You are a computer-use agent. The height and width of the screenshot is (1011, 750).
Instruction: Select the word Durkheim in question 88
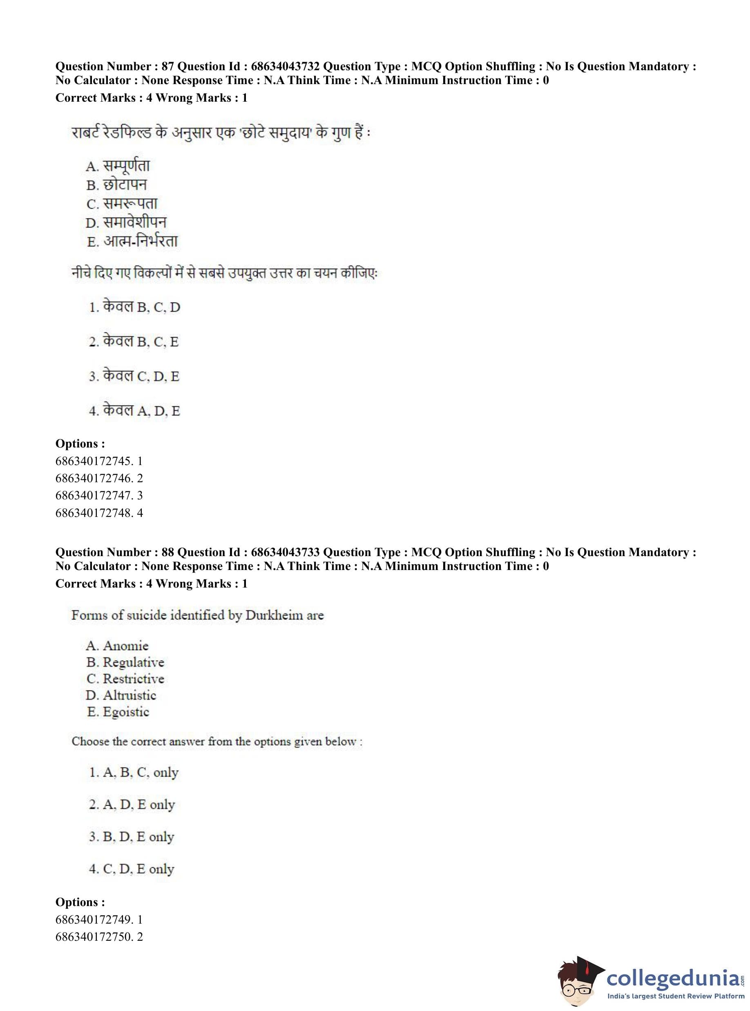[274, 615]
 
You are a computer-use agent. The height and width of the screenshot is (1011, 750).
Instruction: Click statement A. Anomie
[117, 646]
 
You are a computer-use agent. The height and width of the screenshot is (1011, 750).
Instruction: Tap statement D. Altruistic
[121, 695]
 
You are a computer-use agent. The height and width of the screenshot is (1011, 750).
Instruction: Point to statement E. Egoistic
[118, 712]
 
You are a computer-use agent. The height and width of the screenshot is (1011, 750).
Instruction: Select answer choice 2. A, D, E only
[132, 804]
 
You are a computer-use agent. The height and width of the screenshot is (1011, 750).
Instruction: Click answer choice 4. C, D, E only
[132, 869]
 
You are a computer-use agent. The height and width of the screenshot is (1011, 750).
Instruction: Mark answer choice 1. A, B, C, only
[134, 772]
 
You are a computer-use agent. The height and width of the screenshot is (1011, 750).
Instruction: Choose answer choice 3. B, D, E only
[132, 837]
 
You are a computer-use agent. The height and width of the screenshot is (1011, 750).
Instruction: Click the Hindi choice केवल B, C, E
[134, 341]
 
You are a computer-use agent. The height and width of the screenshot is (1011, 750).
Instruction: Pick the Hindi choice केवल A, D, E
[134, 411]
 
